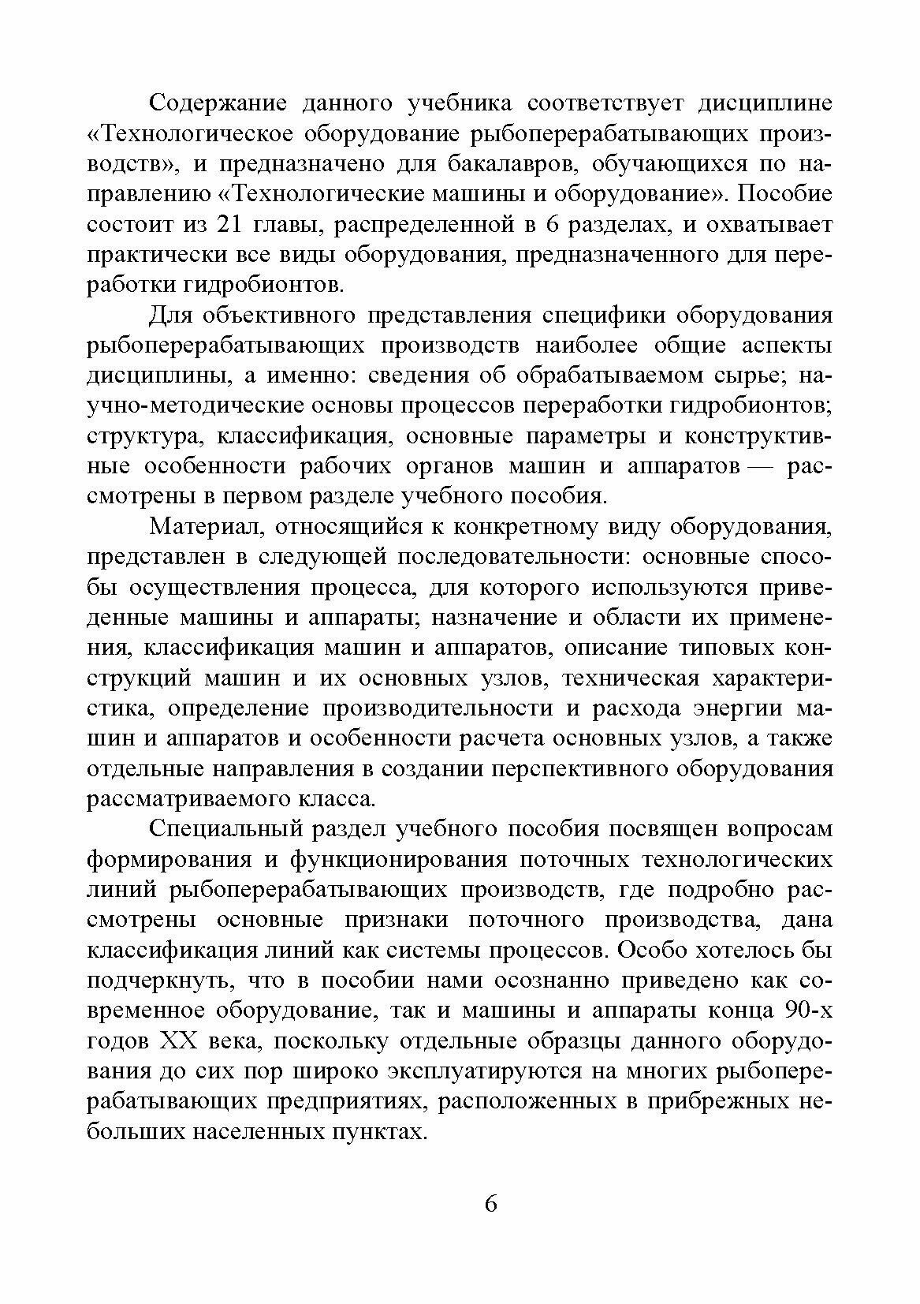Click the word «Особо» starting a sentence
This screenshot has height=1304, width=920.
tap(650, 951)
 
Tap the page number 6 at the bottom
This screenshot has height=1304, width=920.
tap(490, 1205)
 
